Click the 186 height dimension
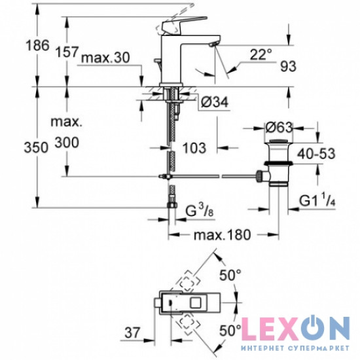(38, 45)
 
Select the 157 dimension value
(67, 52)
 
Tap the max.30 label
(105, 58)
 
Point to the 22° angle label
(261, 54)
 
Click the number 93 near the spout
(288, 66)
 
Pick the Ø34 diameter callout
(215, 102)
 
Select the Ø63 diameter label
(279, 128)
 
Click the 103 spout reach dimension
(194, 148)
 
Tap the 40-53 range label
(316, 154)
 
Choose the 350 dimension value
(36, 147)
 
